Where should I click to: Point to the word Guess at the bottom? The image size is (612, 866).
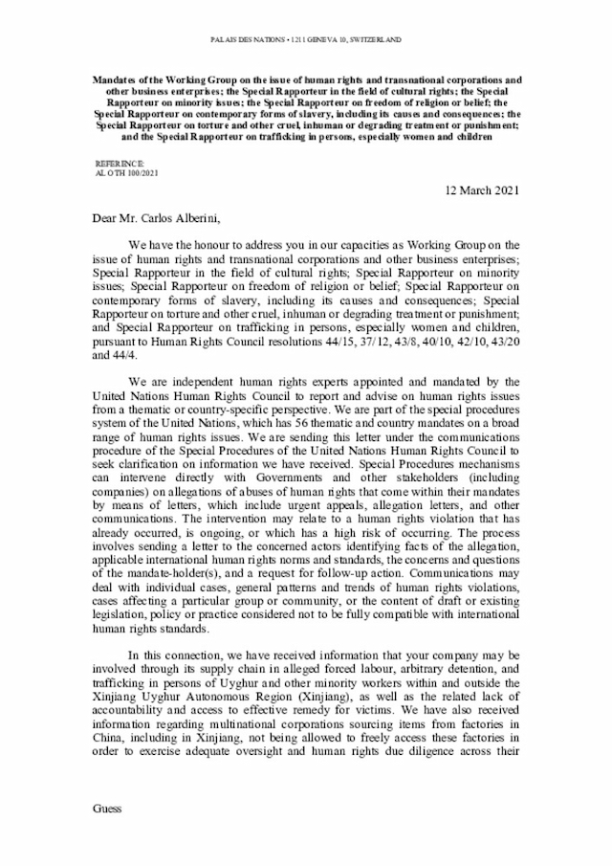108,809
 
